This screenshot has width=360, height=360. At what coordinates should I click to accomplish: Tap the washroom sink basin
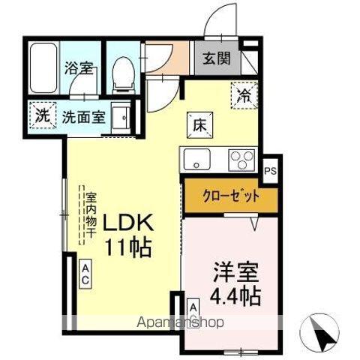coord(121,116)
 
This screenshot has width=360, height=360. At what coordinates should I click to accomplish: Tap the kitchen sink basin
coord(196,160)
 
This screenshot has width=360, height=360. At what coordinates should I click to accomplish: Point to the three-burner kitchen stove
coord(242,160)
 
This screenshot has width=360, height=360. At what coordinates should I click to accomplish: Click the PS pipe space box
coord(269,171)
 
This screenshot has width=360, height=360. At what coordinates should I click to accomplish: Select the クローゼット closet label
coord(231,196)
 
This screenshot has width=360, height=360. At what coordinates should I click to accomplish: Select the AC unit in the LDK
coord(85,274)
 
